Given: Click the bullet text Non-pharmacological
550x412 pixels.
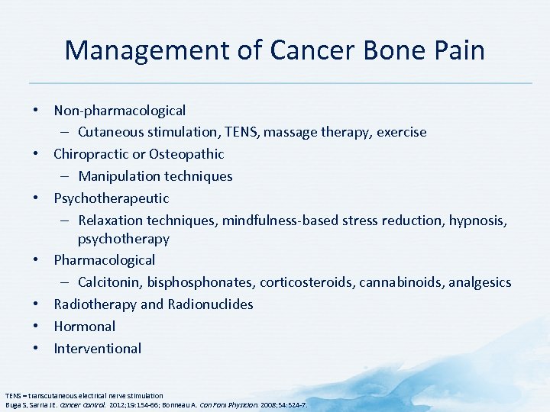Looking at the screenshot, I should click(x=119, y=111).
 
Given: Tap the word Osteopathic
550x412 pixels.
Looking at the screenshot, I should click(x=186, y=154).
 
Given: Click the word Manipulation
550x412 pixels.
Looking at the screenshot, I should click(x=122, y=176).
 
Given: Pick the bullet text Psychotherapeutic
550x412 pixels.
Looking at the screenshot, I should click(x=111, y=198).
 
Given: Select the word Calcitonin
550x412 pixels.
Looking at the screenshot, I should click(x=108, y=282).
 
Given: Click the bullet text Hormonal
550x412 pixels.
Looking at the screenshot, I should click(x=84, y=327).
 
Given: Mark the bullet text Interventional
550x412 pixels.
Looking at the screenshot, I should click(x=97, y=349).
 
